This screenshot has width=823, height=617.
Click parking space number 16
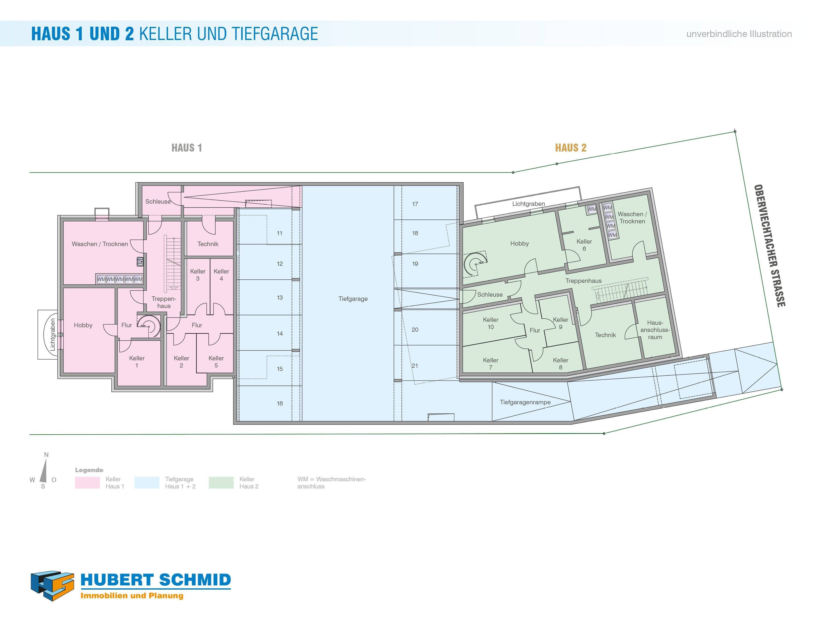pos(280,404)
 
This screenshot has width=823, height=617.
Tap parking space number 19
pos(415,264)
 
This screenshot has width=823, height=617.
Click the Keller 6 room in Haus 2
pos(584,245)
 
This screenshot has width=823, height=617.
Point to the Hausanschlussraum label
pos(655,330)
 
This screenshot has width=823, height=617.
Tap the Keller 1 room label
pos(137,362)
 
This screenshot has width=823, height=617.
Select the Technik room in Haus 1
pos(208,244)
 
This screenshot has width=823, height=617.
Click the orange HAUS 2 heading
pos(570,148)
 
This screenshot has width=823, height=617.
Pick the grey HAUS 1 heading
pos(186,148)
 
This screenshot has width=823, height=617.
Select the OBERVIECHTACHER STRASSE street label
pos(769,246)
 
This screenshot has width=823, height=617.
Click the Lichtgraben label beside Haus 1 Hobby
pos(52,334)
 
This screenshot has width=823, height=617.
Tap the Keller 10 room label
pos(490,324)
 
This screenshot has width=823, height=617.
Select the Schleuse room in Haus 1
pos(158,202)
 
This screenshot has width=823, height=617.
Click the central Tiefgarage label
pos(353,299)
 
